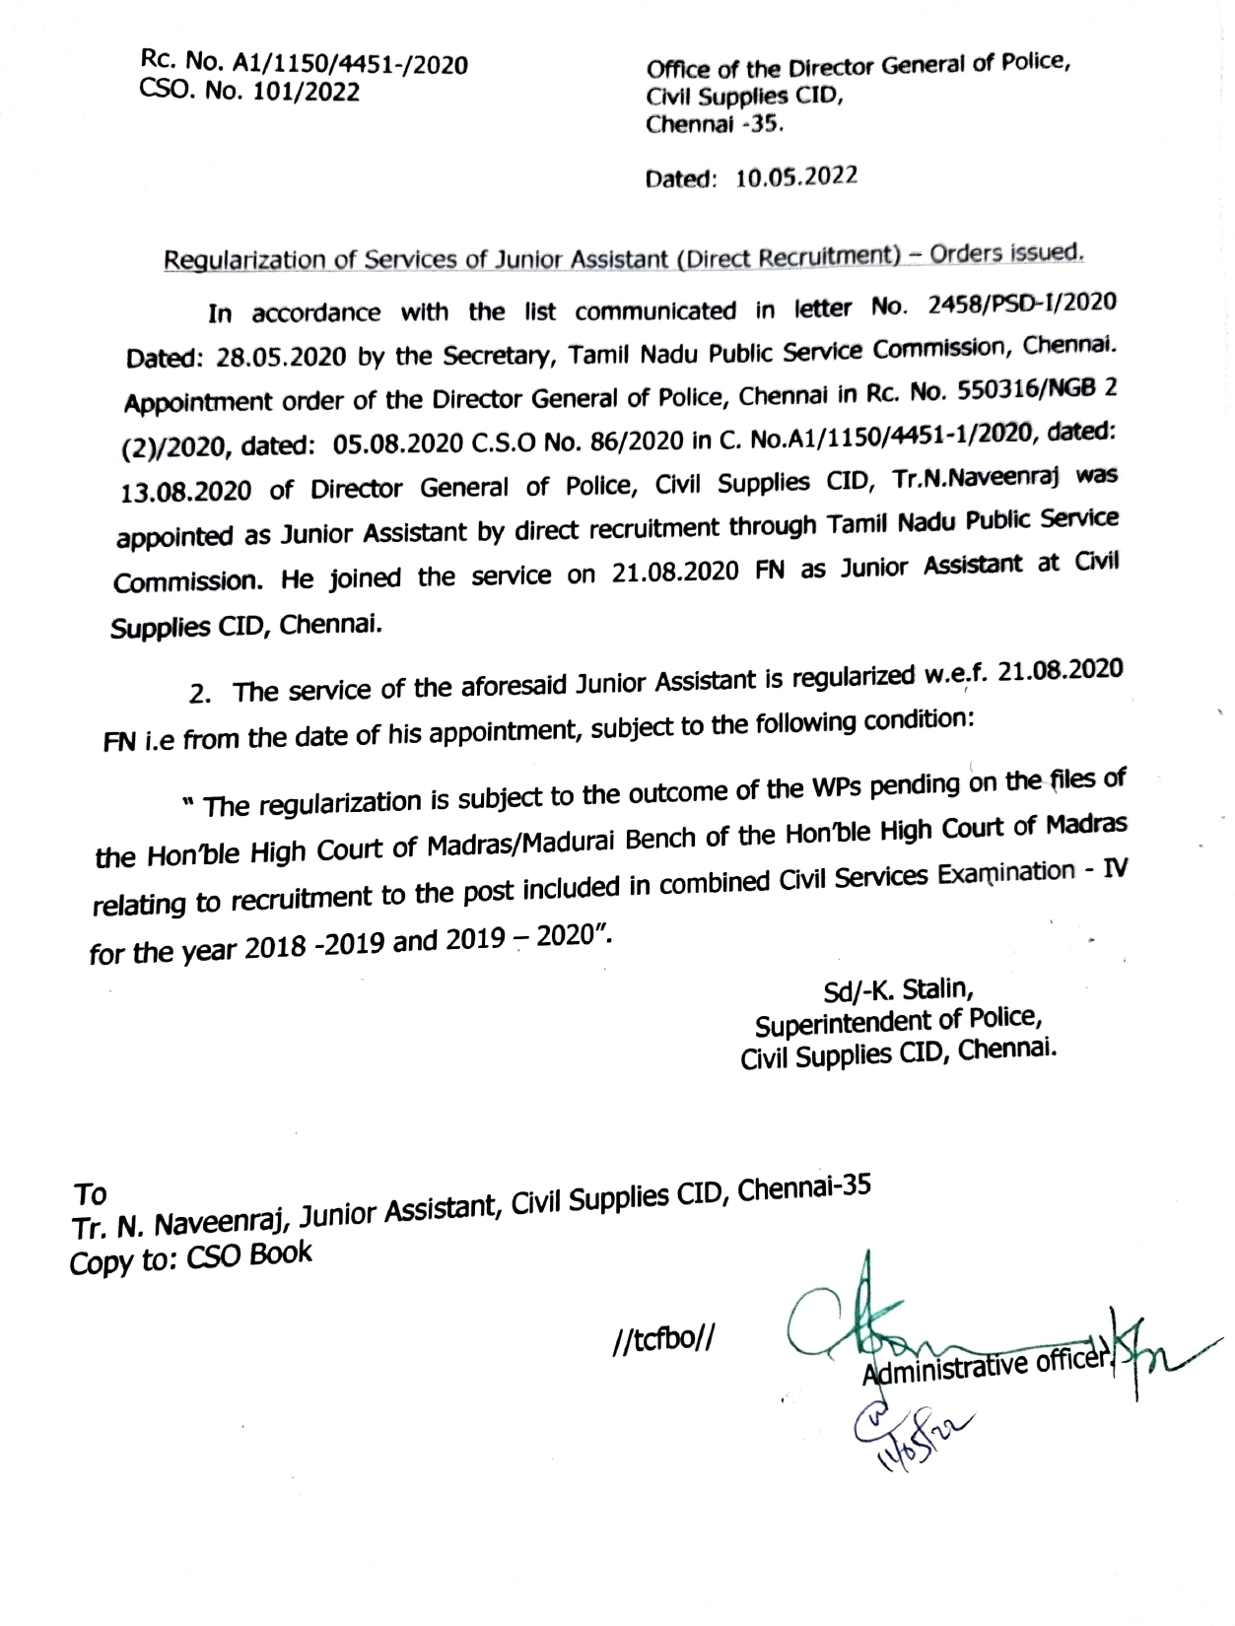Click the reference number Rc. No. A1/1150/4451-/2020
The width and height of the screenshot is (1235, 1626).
(x=305, y=65)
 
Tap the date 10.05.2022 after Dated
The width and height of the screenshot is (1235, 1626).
(x=796, y=177)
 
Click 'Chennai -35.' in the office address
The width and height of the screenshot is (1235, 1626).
(x=715, y=125)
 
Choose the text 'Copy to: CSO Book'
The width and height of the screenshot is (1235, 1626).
(x=190, y=1257)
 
